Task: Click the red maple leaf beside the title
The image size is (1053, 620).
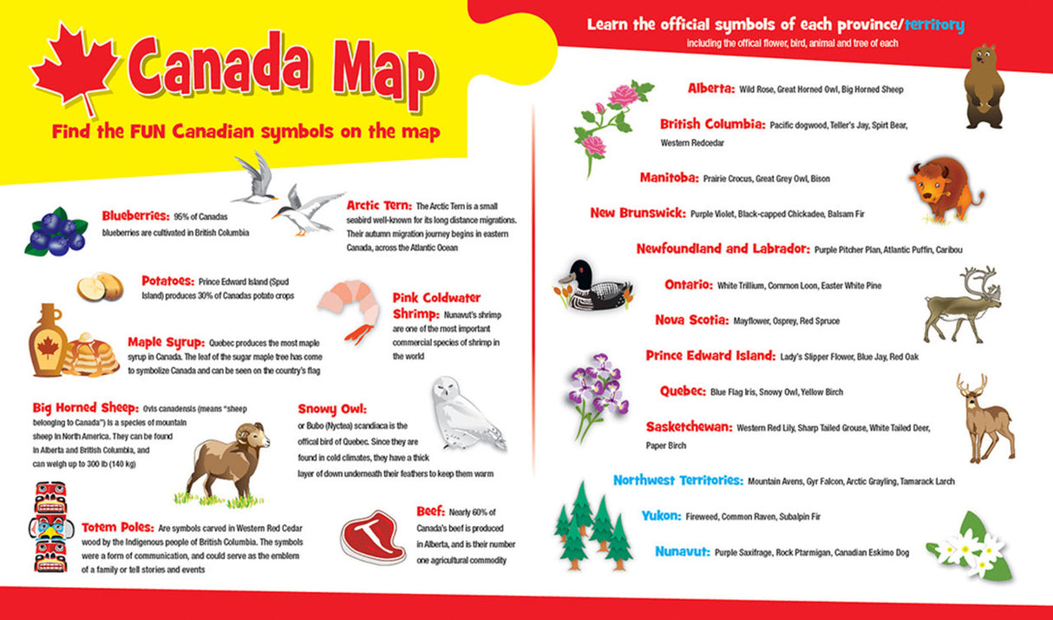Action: point(73,69)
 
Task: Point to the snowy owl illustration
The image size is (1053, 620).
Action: point(466,413)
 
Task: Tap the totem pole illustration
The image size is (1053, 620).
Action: point(49,526)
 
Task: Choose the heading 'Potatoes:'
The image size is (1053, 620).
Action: point(168,281)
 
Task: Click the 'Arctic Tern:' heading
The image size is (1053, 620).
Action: point(379,206)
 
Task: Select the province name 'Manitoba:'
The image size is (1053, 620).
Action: point(669,178)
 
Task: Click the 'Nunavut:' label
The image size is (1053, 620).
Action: point(683,551)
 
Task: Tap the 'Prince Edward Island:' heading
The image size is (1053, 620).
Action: point(710,356)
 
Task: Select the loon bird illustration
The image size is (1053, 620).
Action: point(595,287)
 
